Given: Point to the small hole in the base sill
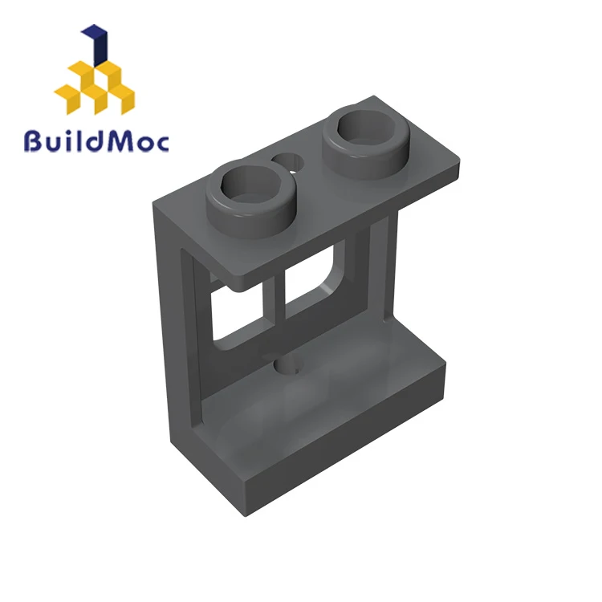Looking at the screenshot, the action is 287,365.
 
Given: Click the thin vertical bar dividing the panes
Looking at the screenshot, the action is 279,299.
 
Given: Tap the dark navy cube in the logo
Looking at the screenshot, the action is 97,45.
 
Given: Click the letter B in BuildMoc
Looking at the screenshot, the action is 34,141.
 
